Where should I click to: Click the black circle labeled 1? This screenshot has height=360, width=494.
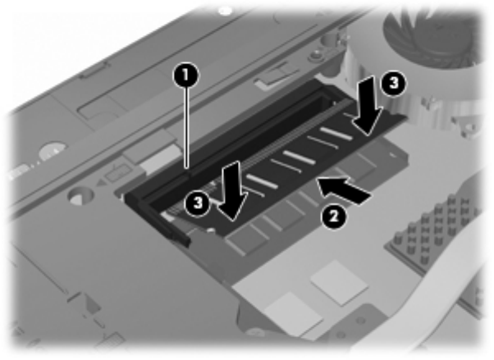pos(186,75)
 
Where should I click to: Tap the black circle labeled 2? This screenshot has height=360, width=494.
pos(334,216)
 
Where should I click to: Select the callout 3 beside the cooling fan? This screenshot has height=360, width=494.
pos(394,83)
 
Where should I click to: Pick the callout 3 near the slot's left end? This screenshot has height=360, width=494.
pos(198,203)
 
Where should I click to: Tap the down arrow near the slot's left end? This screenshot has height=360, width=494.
pos(231,191)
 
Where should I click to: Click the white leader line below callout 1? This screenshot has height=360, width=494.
pos(187,128)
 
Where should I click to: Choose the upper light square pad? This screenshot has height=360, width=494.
pos(339,283)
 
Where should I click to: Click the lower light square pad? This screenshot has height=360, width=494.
pos(294,314)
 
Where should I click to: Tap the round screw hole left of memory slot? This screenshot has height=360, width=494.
pos(80,197)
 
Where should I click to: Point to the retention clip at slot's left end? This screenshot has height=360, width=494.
pos(158,217)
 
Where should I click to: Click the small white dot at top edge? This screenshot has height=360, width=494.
pos(225,11)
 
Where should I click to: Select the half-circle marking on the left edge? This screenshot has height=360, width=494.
pos(53,151)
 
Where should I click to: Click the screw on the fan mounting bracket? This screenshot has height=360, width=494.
pos(314,56)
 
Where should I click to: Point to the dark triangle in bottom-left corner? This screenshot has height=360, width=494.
pos(92,303)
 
